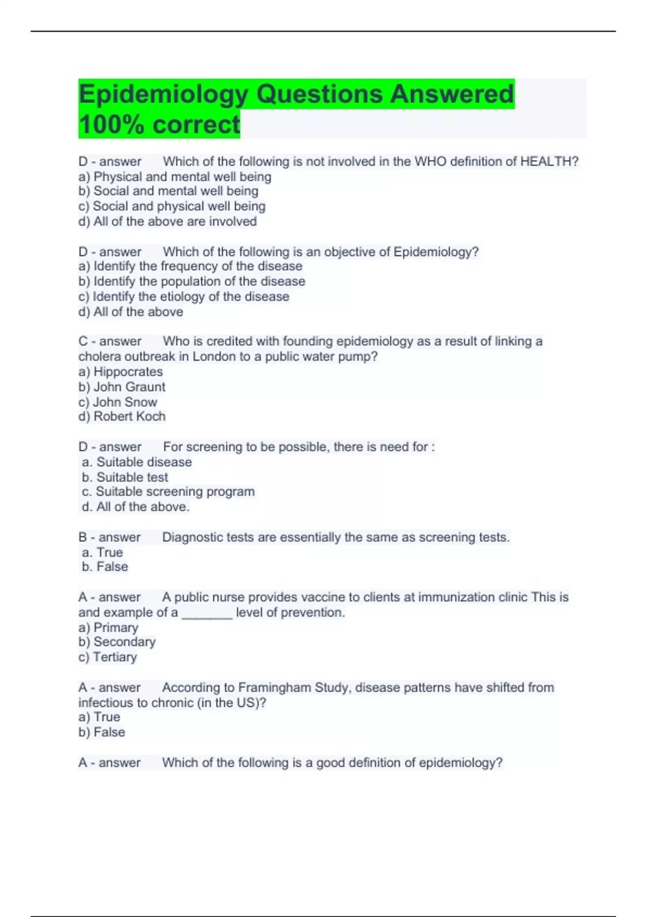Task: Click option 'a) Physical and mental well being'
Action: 175,176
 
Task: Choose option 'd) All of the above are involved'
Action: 167,221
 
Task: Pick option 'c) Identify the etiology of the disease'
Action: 183,296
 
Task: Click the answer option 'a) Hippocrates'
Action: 120,372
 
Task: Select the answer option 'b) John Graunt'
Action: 122,387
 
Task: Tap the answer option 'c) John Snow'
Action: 118,402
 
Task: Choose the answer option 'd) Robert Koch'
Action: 122,416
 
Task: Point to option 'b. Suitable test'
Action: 125,477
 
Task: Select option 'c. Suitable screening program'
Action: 168,491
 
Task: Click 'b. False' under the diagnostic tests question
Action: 105,566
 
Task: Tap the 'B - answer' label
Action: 109,537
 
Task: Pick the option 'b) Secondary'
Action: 117,642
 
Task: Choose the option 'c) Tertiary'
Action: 107,657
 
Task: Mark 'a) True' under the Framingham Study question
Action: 99,717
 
